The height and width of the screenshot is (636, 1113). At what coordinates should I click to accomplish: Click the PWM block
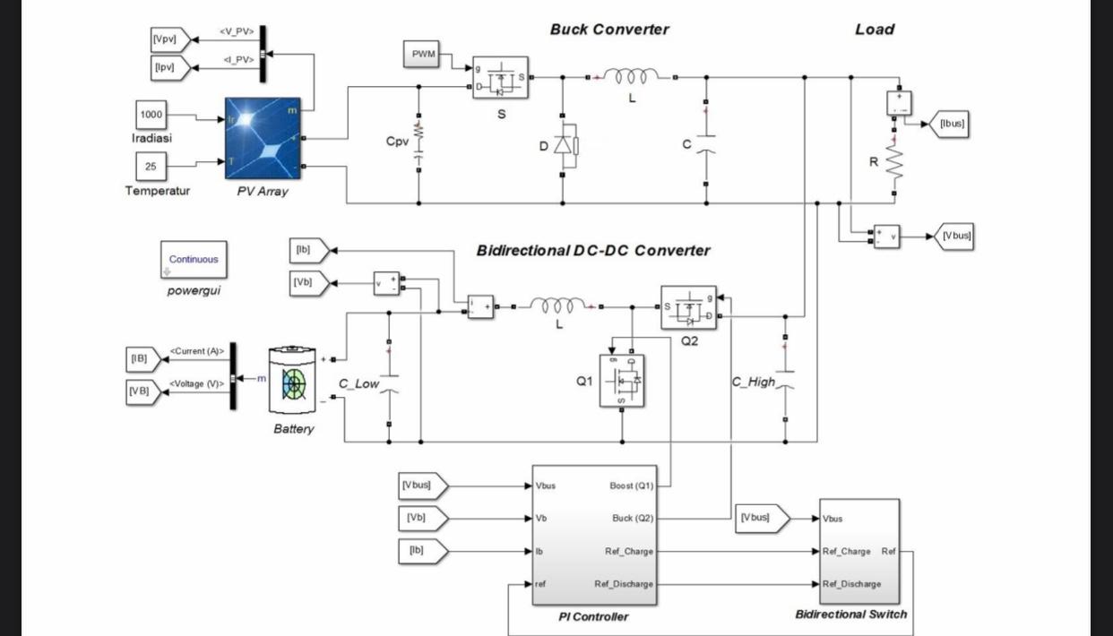[423, 55]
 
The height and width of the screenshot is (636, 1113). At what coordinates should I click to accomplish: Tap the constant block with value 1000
[151, 115]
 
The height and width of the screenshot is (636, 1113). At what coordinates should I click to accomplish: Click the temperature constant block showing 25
[151, 166]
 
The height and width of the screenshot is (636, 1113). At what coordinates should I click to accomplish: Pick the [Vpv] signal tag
[168, 39]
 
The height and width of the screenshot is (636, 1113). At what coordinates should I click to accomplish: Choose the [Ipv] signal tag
[168, 67]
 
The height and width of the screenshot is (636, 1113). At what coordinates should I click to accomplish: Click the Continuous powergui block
[194, 260]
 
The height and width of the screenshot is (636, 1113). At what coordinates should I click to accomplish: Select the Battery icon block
[294, 382]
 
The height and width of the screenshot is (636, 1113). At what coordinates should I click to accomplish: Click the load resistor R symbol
[893, 163]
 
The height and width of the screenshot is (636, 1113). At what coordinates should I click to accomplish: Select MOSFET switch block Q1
[622, 381]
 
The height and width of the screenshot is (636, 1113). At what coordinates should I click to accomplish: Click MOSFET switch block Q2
[689, 308]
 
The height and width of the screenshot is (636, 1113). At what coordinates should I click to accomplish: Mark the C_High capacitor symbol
[786, 381]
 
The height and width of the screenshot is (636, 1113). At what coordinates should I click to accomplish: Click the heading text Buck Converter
[609, 30]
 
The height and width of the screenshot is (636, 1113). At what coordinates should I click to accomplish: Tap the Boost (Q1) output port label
[632, 486]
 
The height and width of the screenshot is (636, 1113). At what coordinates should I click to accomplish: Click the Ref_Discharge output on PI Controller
[624, 584]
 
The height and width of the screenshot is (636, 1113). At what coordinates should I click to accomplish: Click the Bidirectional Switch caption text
[850, 615]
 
